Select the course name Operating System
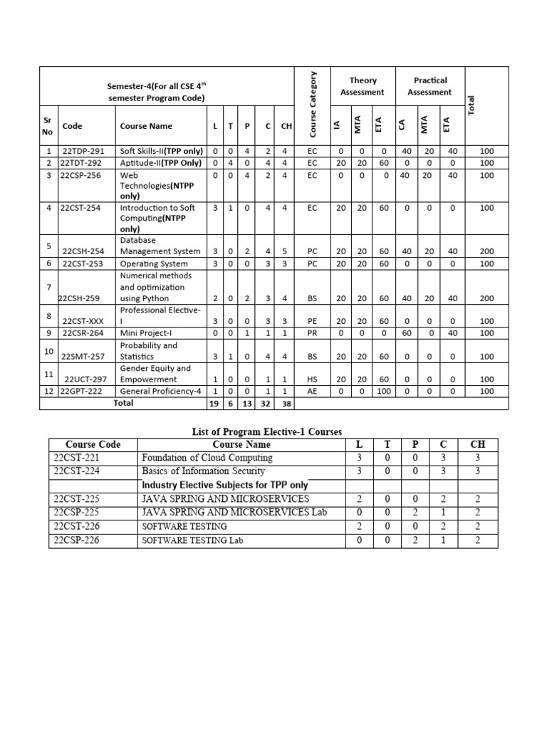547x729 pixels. click(154, 263)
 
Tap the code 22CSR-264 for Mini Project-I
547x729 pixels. click(83, 333)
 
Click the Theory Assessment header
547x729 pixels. click(363, 86)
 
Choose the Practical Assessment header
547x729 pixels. click(429, 86)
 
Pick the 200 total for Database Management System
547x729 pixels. click(486, 251)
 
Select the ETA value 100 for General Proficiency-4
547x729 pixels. click(384, 392)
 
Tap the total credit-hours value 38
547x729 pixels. click(286, 404)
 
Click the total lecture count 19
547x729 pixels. click(214, 404)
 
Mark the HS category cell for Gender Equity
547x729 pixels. click(312, 379)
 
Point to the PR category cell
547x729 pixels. click(312, 333)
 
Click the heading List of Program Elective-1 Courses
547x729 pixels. click(267, 431)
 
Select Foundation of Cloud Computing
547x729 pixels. click(207, 458)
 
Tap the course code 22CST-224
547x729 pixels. click(76, 471)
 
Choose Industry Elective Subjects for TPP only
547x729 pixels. click(225, 485)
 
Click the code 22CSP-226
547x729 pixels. click(76, 540)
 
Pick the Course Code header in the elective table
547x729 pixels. click(93, 444)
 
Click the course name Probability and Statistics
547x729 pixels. click(149, 351)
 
